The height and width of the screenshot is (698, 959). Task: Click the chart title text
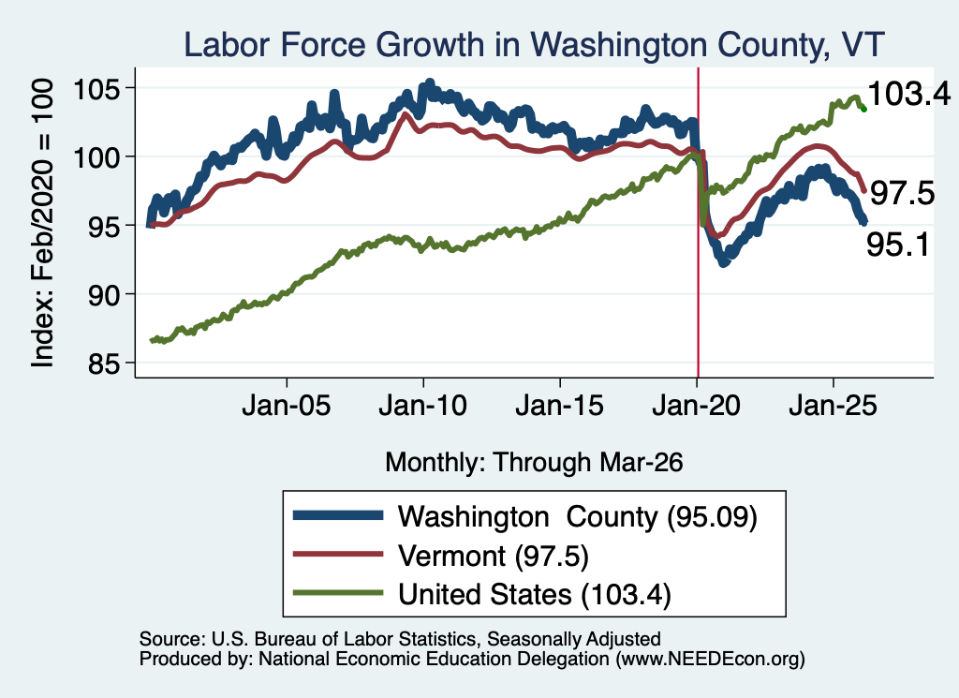tap(534, 45)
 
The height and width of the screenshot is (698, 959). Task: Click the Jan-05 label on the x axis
tap(287, 406)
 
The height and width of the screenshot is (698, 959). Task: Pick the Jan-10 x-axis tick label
tap(422, 406)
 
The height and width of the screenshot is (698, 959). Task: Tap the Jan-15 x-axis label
tap(560, 406)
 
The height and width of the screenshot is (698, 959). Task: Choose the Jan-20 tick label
tap(696, 406)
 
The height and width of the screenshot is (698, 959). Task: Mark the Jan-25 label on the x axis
tap(833, 406)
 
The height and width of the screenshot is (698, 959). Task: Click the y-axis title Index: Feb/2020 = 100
tap(42, 223)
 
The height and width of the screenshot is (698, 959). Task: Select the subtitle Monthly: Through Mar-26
tap(534, 463)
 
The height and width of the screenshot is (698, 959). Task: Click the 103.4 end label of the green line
tap(908, 95)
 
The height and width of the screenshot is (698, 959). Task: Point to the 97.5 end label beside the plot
tap(902, 193)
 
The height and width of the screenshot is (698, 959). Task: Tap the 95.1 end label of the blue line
tap(898, 245)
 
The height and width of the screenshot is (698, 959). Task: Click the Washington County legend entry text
tap(577, 517)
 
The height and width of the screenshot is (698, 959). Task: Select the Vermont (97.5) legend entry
tap(493, 557)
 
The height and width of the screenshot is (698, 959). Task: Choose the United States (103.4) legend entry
tap(535, 595)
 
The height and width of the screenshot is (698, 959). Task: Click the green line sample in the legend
tap(338, 593)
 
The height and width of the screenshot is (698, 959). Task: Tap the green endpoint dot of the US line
tap(863, 110)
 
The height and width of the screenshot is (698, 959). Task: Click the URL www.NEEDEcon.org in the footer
tap(710, 659)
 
